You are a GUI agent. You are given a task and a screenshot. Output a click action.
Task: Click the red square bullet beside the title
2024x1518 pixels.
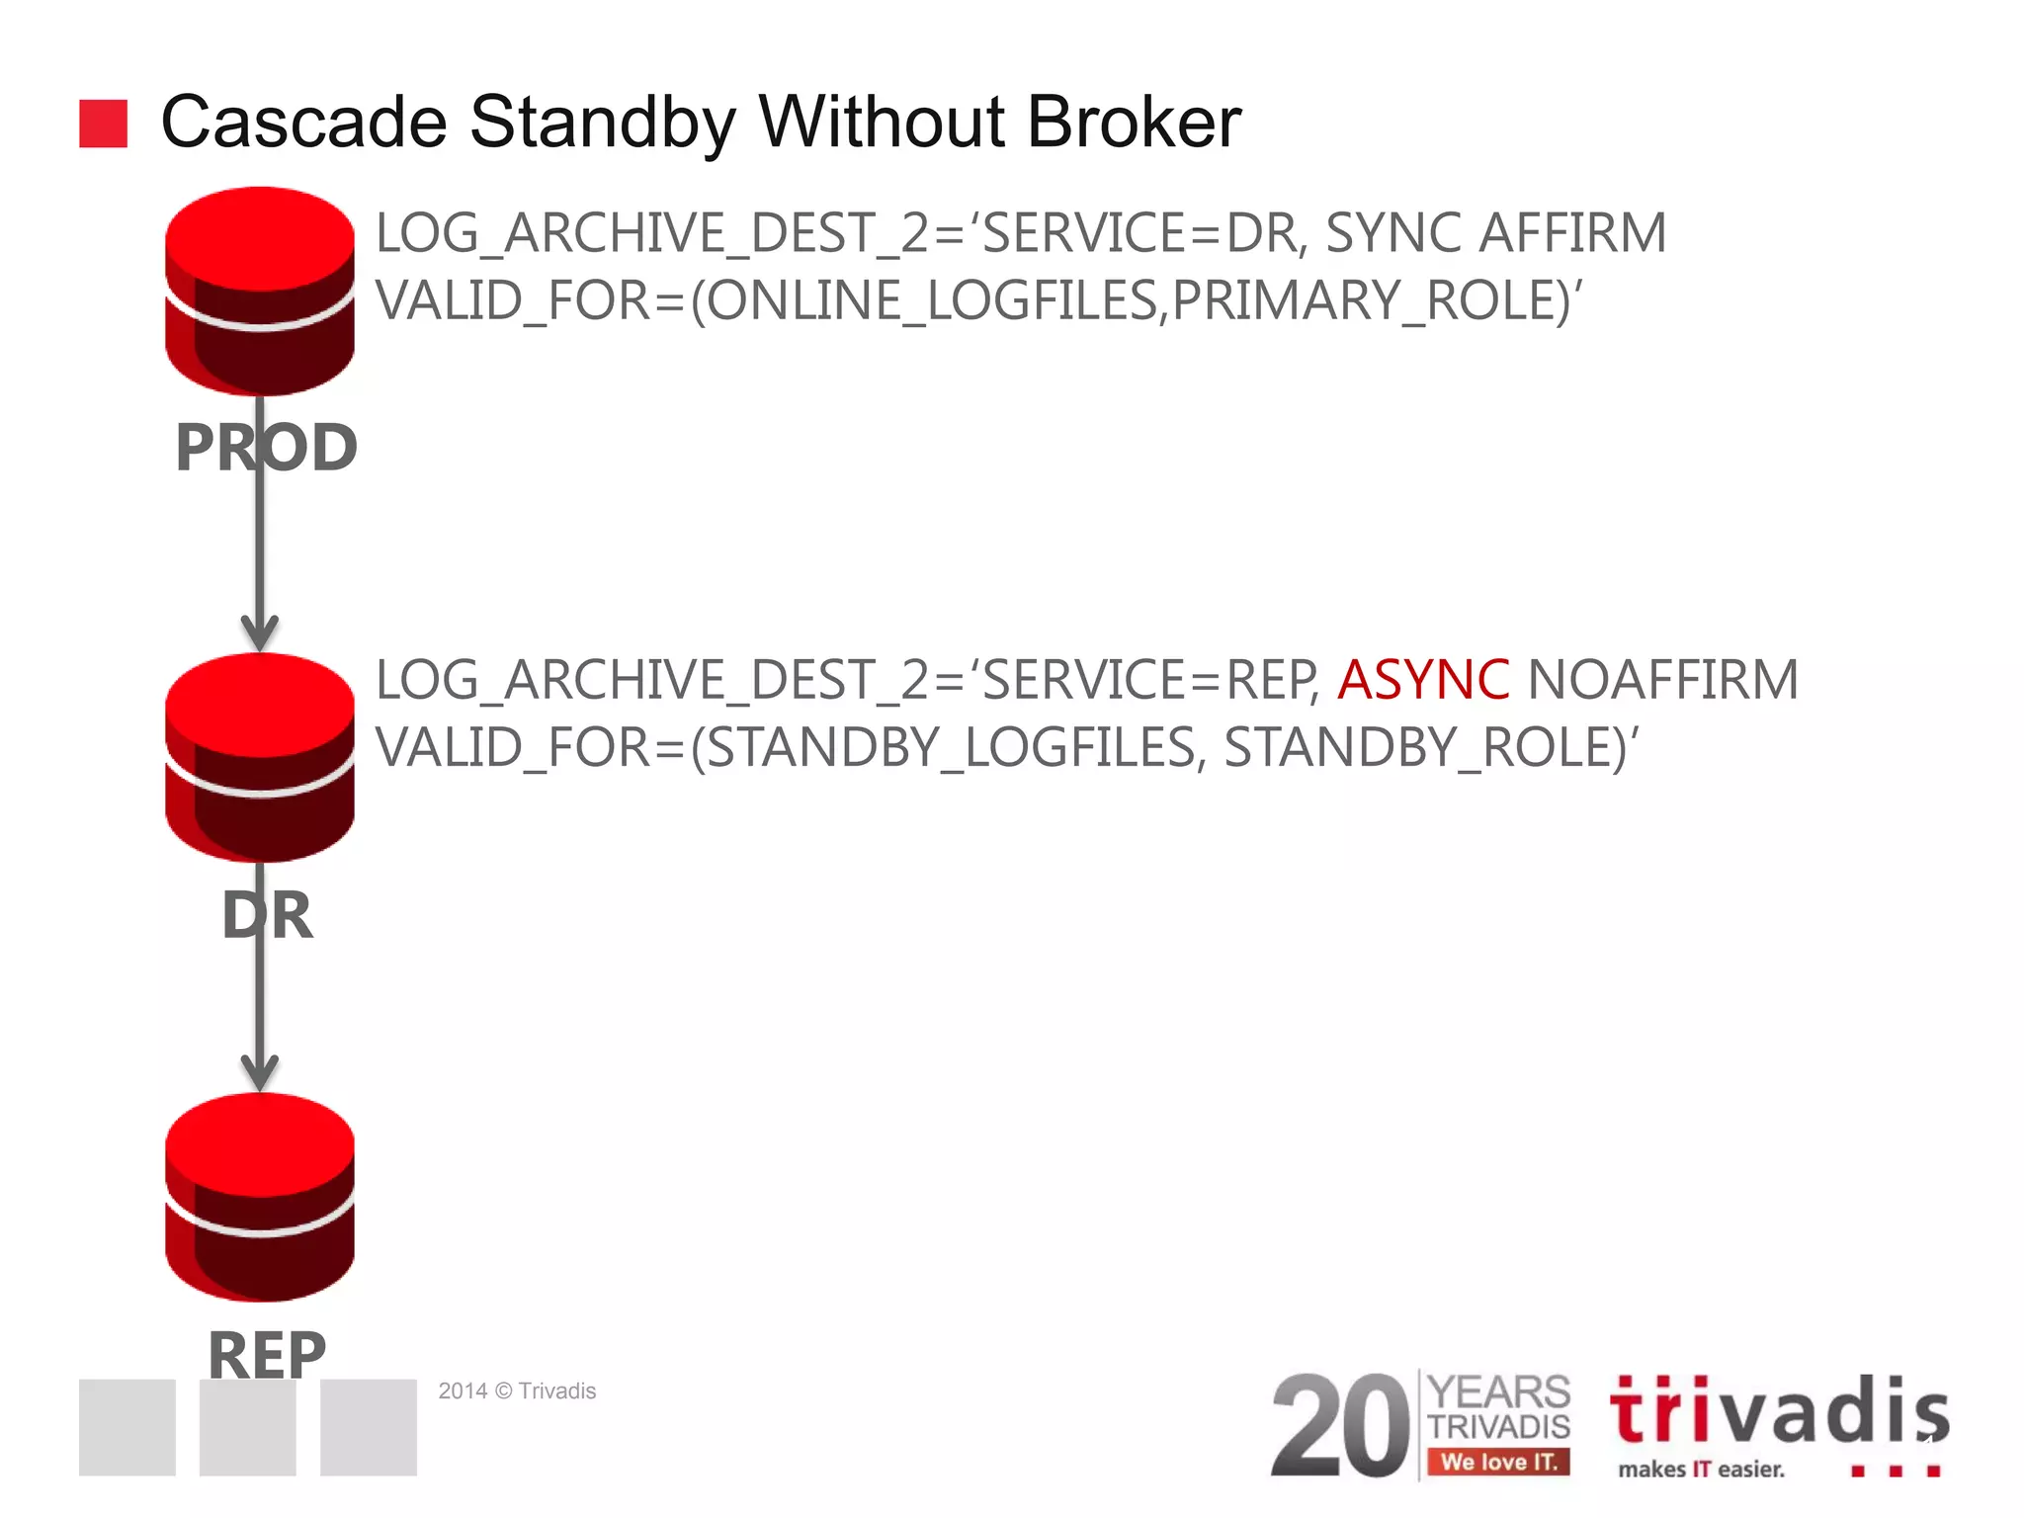coord(103,124)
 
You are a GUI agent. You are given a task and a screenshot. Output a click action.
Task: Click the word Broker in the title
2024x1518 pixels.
coord(1134,123)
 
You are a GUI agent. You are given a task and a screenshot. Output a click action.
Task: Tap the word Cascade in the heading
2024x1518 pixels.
coord(303,123)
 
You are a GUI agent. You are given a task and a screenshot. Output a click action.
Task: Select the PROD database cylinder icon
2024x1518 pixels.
coord(260,291)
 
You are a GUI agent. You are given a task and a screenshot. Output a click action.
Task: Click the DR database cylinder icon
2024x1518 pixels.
coord(260,757)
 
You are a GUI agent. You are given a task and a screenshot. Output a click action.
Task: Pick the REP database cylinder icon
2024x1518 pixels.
coord(260,1197)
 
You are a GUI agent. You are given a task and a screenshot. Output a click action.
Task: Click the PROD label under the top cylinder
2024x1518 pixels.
coord(266,448)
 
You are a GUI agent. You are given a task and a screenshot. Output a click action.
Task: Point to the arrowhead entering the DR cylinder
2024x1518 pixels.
coord(260,632)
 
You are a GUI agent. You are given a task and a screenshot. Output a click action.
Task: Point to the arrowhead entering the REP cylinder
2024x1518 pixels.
coord(260,1072)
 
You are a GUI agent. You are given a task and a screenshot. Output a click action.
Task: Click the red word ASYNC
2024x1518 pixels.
coord(1422,680)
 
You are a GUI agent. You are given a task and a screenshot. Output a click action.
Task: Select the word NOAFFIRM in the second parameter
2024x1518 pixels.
coord(1662,680)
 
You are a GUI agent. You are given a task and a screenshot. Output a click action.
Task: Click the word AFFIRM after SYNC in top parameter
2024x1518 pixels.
coord(1571,233)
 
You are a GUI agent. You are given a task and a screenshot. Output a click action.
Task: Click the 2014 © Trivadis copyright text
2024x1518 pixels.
coord(517,1391)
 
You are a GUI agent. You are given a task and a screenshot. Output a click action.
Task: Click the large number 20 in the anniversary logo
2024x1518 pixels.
coord(1340,1425)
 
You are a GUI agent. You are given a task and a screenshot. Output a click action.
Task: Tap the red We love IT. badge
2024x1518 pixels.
coord(1498,1462)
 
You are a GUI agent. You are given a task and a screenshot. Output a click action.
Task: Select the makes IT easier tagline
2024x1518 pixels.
coord(1701,1470)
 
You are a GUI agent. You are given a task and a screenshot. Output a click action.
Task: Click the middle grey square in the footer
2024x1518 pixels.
coord(247,1427)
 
